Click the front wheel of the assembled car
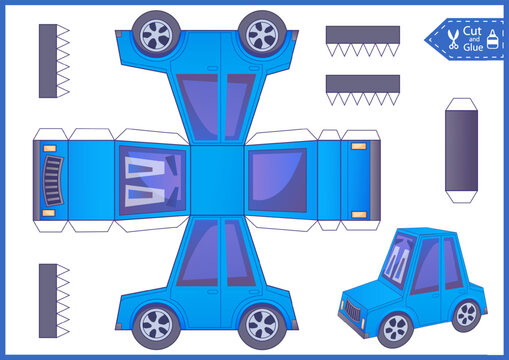pos(396,327)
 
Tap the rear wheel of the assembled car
pos(465,313)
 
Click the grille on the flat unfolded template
pos(51,180)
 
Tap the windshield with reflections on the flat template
pos(151,180)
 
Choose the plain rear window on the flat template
pos(277,180)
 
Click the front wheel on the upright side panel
pos(157,324)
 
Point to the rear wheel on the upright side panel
pos(262,324)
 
